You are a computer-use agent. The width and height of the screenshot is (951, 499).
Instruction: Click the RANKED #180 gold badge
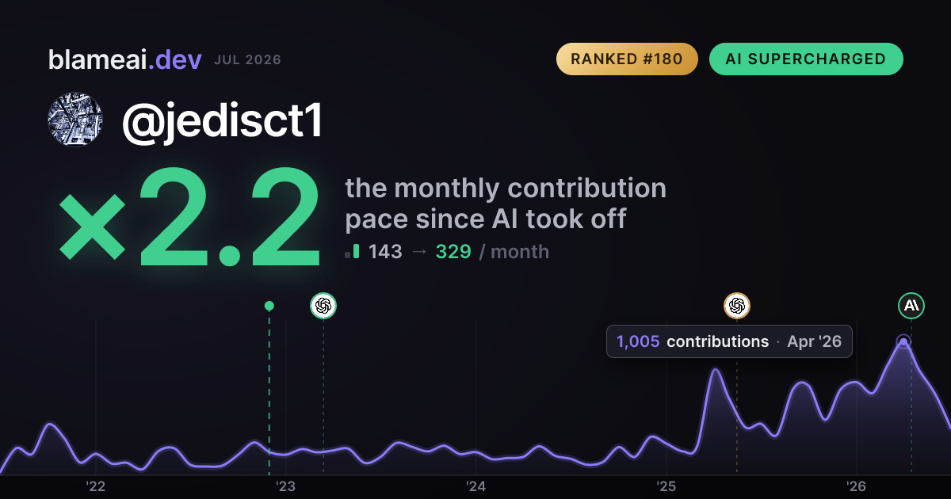(627, 59)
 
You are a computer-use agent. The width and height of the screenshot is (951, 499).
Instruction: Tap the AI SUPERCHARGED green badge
(806, 59)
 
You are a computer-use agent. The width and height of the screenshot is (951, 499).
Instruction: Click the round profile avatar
(75, 120)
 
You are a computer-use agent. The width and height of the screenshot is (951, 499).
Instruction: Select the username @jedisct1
(223, 121)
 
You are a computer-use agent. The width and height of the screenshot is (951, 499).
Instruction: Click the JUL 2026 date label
(247, 60)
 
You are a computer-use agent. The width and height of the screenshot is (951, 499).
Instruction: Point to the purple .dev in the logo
(175, 59)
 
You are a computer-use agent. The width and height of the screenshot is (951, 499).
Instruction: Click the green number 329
(453, 252)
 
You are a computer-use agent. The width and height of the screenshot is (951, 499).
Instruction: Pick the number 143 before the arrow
(385, 252)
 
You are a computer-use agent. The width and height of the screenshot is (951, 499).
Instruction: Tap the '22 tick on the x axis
(96, 486)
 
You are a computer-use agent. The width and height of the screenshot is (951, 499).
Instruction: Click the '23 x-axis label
(286, 486)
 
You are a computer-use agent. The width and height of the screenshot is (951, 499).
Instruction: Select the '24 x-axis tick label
(476, 486)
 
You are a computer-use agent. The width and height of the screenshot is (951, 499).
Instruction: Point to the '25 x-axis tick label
(666, 486)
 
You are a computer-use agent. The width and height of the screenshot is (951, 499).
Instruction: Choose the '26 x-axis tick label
(857, 486)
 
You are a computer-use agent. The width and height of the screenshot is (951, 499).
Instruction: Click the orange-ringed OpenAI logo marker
(737, 306)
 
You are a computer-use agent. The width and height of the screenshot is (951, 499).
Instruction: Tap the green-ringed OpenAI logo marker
(323, 306)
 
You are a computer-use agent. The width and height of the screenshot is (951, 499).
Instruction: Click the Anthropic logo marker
(911, 306)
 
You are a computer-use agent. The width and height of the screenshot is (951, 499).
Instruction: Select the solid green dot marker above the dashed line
(269, 306)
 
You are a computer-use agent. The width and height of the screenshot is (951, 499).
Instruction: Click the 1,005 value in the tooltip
(638, 341)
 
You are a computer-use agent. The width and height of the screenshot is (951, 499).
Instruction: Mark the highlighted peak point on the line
(903, 342)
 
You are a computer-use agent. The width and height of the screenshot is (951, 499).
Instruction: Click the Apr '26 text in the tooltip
(815, 341)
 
